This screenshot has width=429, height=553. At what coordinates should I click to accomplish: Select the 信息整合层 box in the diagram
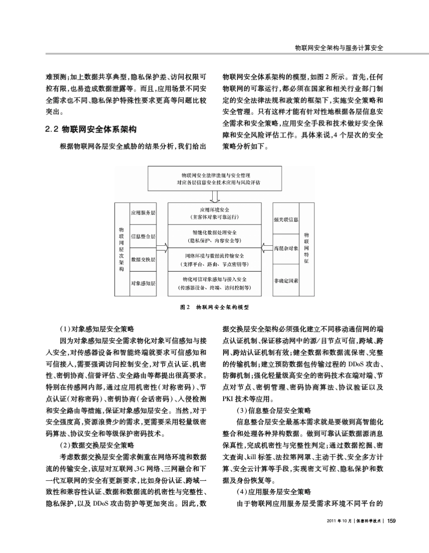[143, 236]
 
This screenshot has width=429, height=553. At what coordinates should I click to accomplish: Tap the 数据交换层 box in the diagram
[143, 259]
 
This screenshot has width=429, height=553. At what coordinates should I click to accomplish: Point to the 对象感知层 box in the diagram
[143, 283]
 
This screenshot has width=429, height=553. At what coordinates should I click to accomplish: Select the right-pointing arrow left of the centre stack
[162, 248]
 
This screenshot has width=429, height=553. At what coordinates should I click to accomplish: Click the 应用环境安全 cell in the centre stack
[215, 213]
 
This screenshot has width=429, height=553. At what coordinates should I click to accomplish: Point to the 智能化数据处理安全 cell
[215, 237]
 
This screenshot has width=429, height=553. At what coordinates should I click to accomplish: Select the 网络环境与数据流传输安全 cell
[215, 260]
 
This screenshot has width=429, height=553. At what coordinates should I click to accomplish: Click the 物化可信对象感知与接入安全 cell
[215, 283]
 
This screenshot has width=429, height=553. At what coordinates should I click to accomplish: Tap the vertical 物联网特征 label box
[307, 248]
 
